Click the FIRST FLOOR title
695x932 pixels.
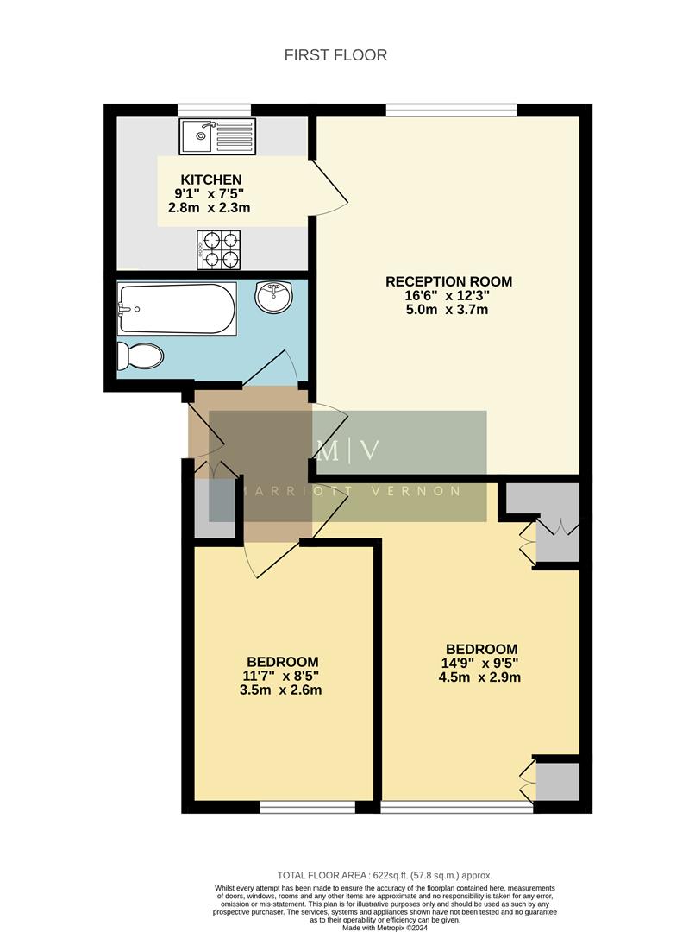coord(335,55)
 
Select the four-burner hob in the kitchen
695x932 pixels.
coord(218,249)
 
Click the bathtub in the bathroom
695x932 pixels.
coord(177,310)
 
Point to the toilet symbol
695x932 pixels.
coord(141,355)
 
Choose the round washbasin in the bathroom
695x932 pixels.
coord(274,299)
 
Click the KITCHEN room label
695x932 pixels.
coord(210,179)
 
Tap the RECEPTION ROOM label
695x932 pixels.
coord(448,281)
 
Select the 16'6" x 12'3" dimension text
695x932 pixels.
coord(448,295)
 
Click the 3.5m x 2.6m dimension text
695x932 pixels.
coord(280,690)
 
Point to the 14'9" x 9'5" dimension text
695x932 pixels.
coord(481,664)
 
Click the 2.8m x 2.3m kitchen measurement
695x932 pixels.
coord(210,208)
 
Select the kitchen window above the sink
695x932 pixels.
coord(214,110)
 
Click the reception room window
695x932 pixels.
coord(451,110)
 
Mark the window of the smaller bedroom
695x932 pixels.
coord(308,807)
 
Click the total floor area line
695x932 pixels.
coord(385,875)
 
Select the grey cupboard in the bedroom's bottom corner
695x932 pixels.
coord(557,780)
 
